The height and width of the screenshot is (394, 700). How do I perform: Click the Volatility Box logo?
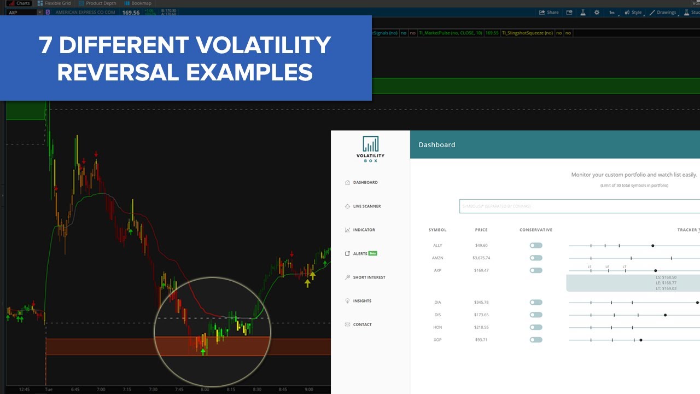370,149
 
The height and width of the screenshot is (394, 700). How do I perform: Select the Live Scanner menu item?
366,206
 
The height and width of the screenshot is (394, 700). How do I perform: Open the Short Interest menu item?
369,277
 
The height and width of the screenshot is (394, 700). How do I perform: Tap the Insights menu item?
362,301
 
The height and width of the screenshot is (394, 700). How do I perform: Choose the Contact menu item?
362,325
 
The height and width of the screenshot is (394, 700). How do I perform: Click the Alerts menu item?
360,253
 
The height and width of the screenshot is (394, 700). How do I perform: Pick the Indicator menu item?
364,230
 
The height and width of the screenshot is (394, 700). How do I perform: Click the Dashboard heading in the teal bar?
437,145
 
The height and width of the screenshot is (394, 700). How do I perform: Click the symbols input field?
579,206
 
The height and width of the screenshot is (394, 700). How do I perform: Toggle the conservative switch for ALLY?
536,246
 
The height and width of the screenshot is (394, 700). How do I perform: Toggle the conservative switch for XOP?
536,340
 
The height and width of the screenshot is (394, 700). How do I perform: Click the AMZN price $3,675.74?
481,258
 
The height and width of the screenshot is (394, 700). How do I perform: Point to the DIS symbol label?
437,315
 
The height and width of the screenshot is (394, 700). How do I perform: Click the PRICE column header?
481,230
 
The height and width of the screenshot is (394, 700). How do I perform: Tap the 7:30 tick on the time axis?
153,389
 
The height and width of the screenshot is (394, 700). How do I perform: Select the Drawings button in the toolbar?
663,12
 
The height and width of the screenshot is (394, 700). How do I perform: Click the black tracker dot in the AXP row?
655,270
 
